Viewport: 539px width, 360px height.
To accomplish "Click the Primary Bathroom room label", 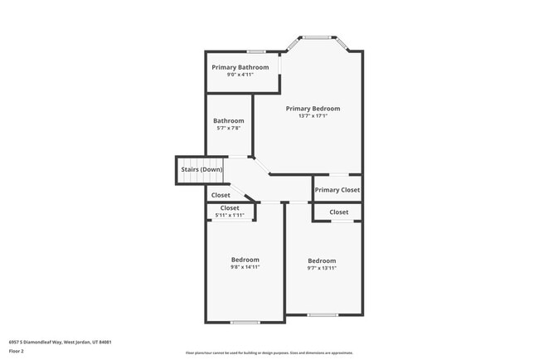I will point(240,67).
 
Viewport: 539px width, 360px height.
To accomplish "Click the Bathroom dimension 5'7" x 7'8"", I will point(228,128).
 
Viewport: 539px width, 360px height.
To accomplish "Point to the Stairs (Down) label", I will point(202,170).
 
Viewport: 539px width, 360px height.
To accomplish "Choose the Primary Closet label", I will point(337,190).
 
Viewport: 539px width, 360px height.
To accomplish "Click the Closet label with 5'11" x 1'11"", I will point(230,208).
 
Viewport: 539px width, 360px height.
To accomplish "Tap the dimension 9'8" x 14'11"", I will point(245,267).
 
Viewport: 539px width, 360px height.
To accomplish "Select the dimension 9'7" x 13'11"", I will point(322,268).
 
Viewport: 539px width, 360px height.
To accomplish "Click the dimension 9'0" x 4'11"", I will point(240,75).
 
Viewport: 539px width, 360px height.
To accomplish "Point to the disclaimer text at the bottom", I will point(269,353).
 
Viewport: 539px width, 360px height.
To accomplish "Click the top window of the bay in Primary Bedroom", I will point(315,37).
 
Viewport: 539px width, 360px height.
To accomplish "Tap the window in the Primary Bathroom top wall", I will point(255,52).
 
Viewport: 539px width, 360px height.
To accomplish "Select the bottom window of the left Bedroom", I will point(245,322).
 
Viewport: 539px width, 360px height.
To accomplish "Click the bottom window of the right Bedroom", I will point(323,314).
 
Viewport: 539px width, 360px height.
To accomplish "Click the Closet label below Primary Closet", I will point(338,212).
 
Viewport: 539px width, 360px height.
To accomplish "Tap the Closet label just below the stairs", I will point(221,196).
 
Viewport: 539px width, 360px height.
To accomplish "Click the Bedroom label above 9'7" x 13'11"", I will point(322,260).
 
